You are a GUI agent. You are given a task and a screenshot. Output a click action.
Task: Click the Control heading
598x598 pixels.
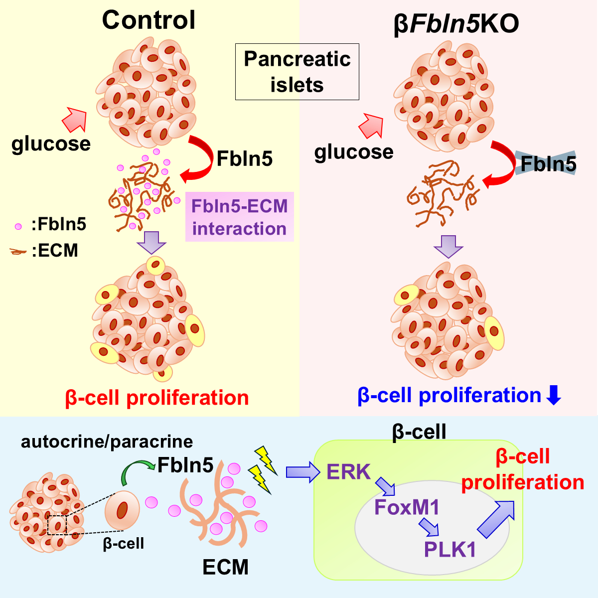tap(149, 20)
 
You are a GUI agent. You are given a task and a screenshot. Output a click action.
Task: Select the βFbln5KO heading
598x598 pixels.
tap(456, 24)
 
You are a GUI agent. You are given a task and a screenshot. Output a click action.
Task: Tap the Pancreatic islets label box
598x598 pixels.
tap(297, 72)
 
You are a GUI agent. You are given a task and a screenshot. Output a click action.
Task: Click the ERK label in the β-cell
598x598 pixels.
tap(348, 472)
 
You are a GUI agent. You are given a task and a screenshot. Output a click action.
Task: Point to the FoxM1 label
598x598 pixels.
tap(407, 507)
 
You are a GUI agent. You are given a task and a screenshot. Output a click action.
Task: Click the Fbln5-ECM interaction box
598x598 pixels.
tap(240, 217)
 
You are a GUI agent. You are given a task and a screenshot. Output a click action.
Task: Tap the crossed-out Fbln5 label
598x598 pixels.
tap(548, 163)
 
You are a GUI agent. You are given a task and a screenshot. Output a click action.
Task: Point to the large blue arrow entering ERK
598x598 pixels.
tap(302, 472)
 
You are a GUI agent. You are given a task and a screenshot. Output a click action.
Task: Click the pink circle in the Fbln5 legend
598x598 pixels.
tap(18, 226)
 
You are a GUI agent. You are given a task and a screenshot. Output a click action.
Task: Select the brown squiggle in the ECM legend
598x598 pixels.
tap(18, 252)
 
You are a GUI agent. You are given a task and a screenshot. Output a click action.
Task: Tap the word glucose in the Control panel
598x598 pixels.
tap(51, 144)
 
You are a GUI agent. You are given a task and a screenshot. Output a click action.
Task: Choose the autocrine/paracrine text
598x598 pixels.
tap(107, 442)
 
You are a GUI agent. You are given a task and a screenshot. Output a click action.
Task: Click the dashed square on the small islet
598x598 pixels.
tap(57, 525)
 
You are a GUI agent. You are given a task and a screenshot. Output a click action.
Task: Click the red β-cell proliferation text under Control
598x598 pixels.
tap(157, 398)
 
